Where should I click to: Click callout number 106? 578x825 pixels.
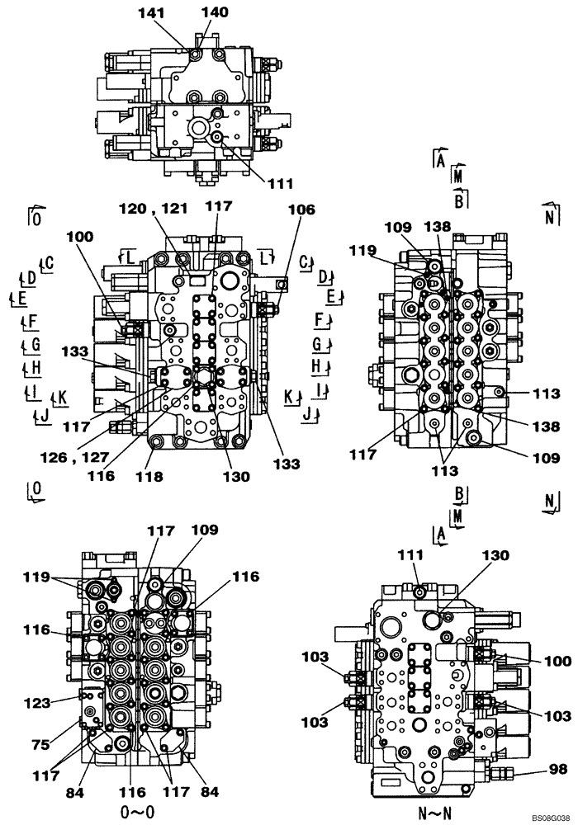point(301,210)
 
